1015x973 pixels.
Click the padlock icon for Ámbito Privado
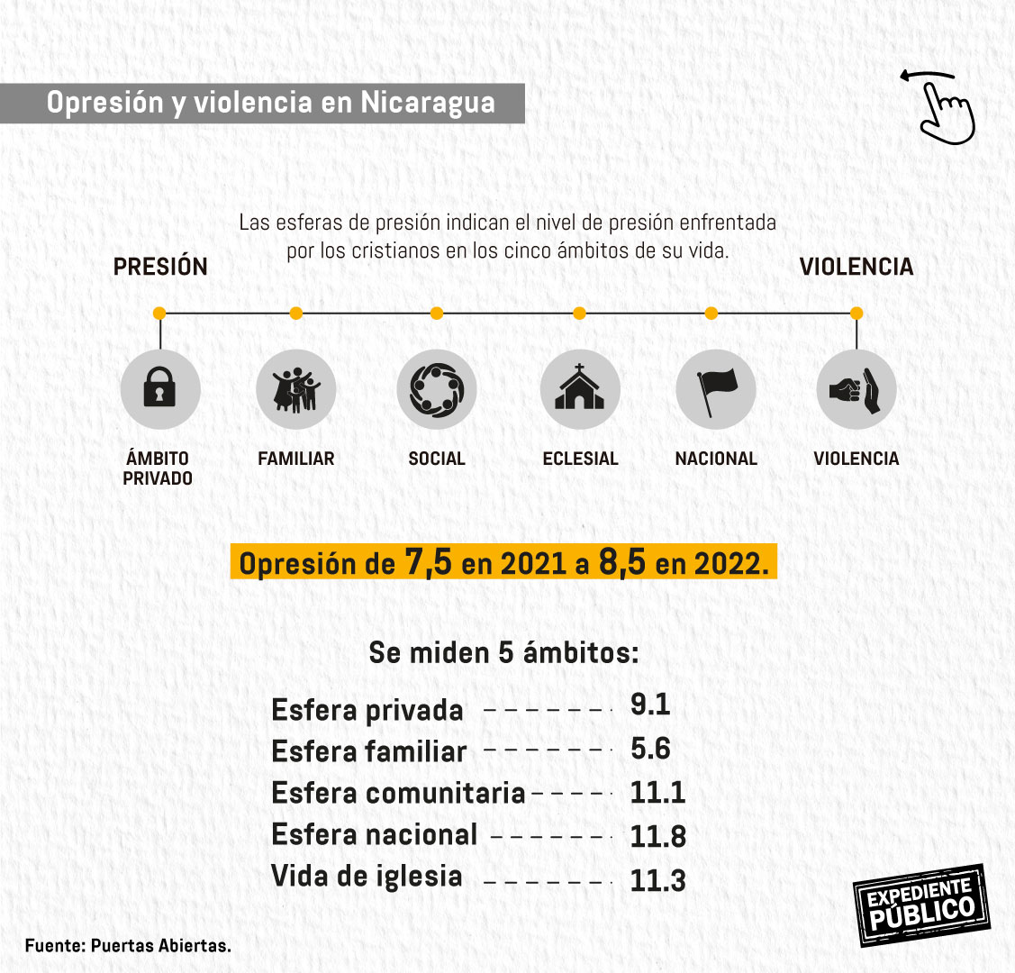click(x=160, y=389)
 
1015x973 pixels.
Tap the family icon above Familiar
click(x=296, y=389)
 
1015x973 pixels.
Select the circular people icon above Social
click(x=437, y=389)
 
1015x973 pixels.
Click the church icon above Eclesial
click(x=580, y=389)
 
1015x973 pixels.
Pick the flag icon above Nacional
click(x=716, y=389)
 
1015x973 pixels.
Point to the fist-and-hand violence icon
click(x=856, y=389)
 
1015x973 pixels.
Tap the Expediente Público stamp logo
click(x=920, y=905)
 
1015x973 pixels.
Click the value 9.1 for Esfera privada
click(x=650, y=705)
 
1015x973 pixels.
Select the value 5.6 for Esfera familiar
click(x=650, y=749)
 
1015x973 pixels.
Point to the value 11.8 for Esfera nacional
click(x=657, y=836)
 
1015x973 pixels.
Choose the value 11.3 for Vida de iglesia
click(x=657, y=880)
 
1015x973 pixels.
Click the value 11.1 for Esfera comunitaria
click(x=657, y=793)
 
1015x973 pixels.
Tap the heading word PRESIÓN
click(x=160, y=267)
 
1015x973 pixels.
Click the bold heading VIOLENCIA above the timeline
click(x=856, y=267)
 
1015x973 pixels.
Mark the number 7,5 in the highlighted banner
click(x=428, y=563)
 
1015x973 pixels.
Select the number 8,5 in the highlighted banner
click(x=622, y=563)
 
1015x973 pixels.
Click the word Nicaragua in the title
click(x=428, y=103)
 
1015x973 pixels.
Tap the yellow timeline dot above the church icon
click(x=579, y=314)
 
